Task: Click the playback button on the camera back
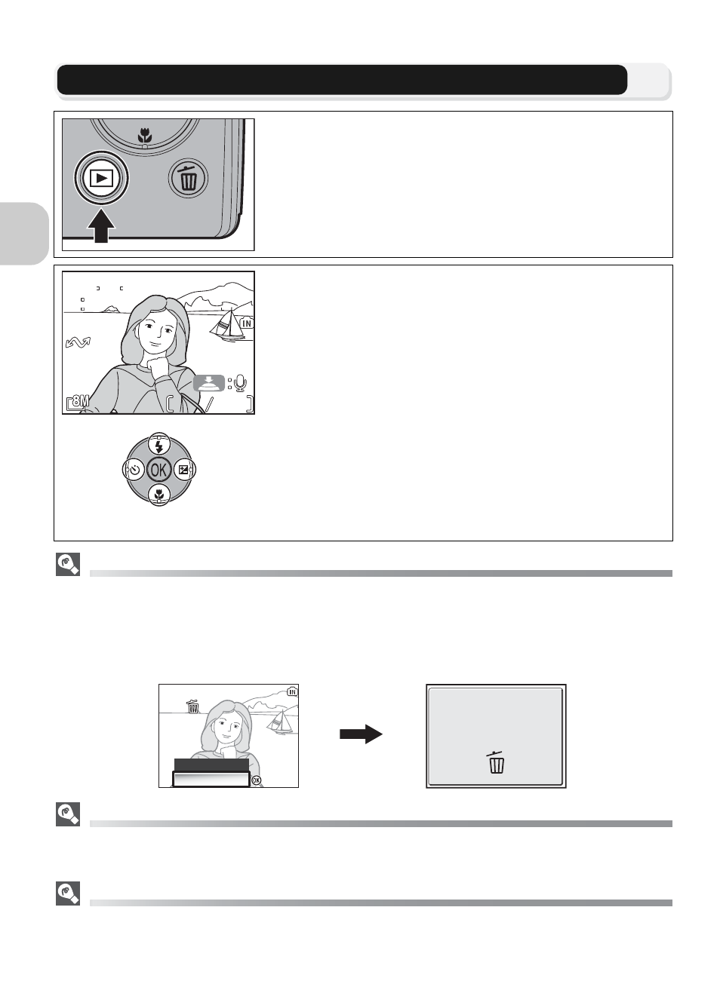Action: pos(101,178)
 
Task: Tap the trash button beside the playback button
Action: pos(189,178)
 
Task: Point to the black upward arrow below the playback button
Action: pos(101,226)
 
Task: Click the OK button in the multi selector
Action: pos(158,470)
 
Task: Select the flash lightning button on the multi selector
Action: pos(158,444)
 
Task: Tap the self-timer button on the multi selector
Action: pos(134,470)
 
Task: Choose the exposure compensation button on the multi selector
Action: pos(184,470)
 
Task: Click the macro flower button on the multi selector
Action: pos(158,495)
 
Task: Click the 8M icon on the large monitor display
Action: pos(78,402)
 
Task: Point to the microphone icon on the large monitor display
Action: pos(240,383)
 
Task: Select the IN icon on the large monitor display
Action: pos(247,323)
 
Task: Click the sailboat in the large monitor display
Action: pos(228,325)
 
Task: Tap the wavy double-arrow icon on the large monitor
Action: pos(78,342)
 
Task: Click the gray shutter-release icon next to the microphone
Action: pos(209,383)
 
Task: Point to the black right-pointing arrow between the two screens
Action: pos(361,734)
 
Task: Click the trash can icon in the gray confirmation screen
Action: pos(496,762)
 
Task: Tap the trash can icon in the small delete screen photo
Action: pos(192,706)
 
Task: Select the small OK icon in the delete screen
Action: pos(256,780)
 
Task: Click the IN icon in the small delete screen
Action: pos(292,691)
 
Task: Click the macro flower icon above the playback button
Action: pos(145,135)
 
